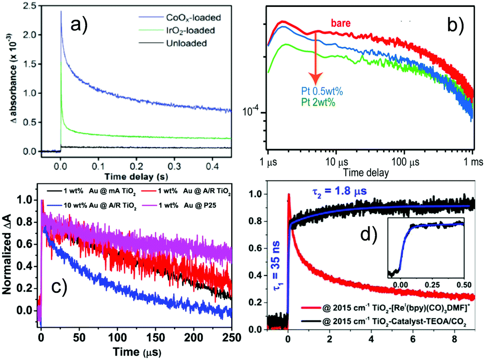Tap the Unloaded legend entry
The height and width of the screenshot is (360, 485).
[x=191, y=43]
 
